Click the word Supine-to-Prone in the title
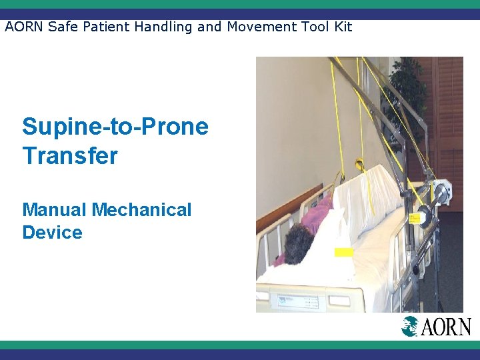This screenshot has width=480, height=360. coord(115,127)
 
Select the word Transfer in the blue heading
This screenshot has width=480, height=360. coord(69,156)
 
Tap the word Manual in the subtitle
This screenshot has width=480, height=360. coord(55,209)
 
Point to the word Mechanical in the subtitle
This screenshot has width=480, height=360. coord(142,209)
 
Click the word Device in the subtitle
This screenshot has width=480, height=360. coord(52,233)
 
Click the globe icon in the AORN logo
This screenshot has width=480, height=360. coord(410,327)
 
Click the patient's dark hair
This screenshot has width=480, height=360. coord(298,243)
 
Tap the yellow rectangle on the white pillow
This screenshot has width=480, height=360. coord(343,252)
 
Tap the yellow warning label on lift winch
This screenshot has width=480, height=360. coord(415,218)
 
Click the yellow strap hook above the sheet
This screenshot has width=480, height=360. coord(359,163)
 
